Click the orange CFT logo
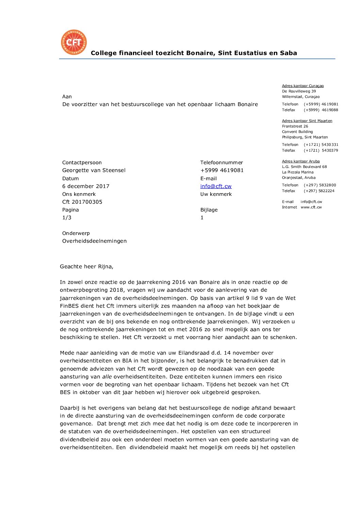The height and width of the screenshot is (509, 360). coord(74,42)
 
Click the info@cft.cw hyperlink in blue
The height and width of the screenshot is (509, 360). coord(216,186)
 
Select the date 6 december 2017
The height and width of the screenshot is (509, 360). coord(86,186)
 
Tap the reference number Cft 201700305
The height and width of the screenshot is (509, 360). coord(82,202)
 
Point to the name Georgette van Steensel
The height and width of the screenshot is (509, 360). coord(94,170)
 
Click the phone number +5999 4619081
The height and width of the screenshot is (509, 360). coord(222,170)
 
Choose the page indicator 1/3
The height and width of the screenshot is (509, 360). coord(67,218)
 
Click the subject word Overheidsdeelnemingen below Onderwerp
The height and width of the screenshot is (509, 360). coord(94,241)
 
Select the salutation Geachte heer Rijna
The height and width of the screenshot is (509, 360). coord(86,267)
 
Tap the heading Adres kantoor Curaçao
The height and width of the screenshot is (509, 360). coord(303,86)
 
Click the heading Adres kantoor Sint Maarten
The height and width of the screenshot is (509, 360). coord(307,121)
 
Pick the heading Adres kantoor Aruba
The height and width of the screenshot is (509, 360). coord(301,162)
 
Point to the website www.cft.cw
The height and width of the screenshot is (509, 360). coord(311,207)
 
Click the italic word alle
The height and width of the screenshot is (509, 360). coord(107,377)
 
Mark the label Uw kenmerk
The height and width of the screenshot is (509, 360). coord(216,194)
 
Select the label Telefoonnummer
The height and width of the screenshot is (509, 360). coord(222,163)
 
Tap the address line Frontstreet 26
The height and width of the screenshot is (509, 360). coord(295,126)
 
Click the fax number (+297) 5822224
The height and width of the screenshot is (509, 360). coord(319,191)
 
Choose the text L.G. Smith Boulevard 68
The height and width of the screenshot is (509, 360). coord(304,167)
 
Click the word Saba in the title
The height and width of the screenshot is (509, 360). coord(289,53)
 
